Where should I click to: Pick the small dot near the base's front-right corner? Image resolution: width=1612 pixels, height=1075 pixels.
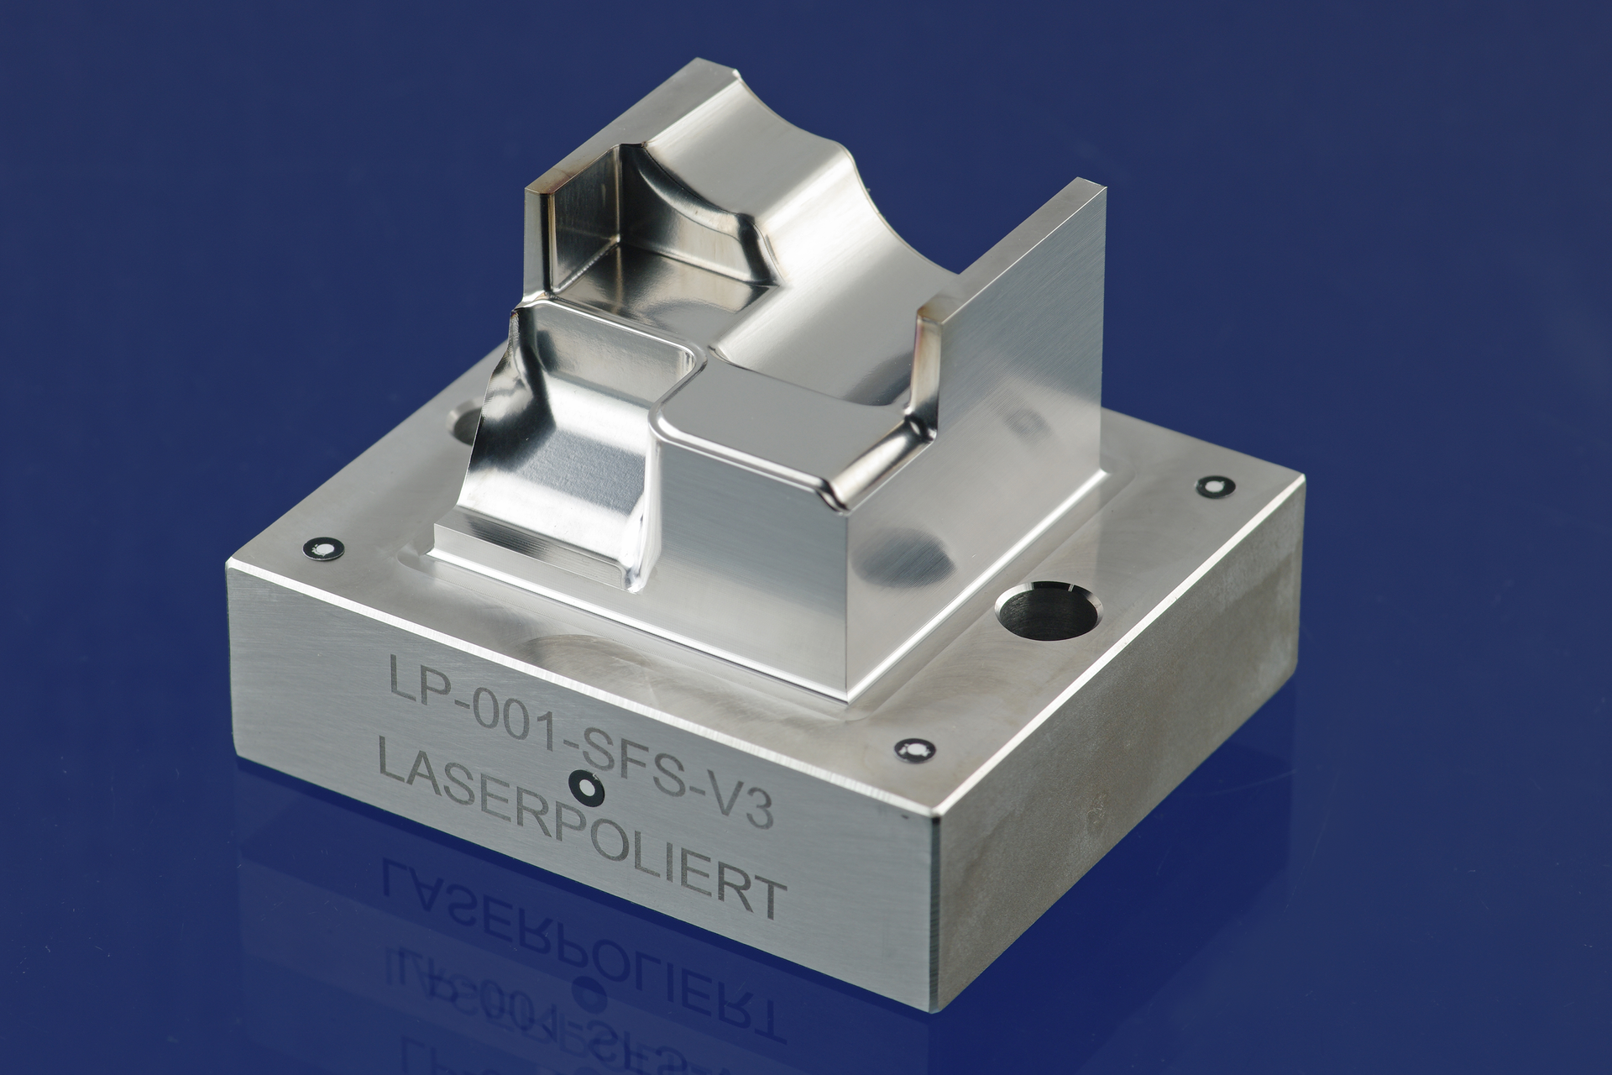pyautogui.click(x=913, y=748)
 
